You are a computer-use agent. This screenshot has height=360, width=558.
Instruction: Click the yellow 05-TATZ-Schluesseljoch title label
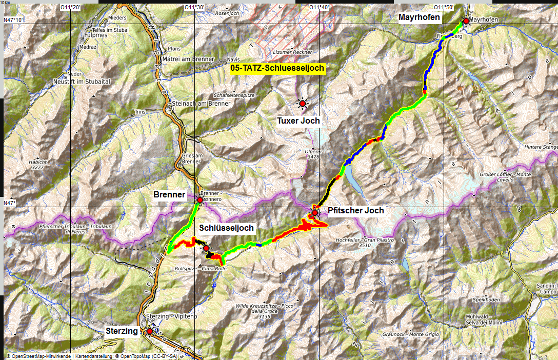(x=277, y=68)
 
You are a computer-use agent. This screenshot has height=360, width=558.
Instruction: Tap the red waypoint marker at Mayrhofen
(x=466, y=21)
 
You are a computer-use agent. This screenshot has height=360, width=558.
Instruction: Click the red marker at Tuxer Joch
(x=303, y=104)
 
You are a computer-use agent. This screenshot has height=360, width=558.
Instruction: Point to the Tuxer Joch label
(x=298, y=121)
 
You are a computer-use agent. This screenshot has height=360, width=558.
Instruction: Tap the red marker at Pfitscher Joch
(x=315, y=212)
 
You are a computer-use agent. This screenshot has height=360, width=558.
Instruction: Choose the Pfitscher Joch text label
(x=355, y=210)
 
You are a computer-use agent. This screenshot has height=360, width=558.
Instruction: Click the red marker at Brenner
(x=200, y=200)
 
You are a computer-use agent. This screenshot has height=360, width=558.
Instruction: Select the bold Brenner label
(x=169, y=195)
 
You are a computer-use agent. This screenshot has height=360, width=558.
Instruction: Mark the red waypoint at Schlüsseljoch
(x=206, y=248)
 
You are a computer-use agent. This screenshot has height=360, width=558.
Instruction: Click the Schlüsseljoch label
(x=227, y=228)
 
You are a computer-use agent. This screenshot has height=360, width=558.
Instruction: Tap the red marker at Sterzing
(x=149, y=331)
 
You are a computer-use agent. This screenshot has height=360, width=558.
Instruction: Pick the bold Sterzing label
(x=122, y=331)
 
